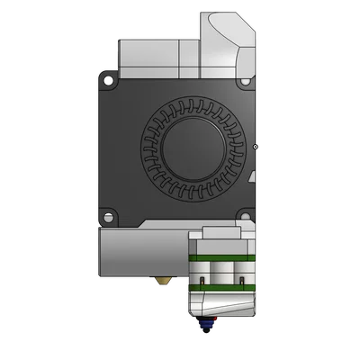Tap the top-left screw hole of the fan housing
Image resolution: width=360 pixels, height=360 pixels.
click(x=109, y=78)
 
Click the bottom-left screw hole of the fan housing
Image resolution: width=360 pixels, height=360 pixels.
click(x=109, y=217)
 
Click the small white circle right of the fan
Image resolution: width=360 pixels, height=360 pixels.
click(x=256, y=144)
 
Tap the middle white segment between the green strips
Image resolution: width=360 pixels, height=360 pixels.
click(x=222, y=272)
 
